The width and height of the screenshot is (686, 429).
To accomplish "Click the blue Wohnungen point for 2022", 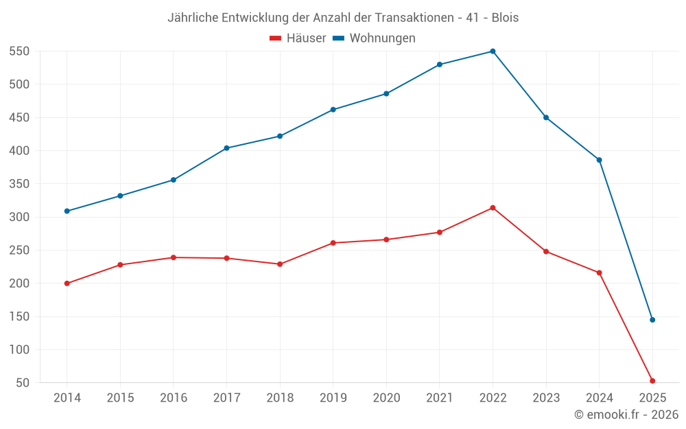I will (x=493, y=51).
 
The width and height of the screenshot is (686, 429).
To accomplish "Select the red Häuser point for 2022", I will (x=493, y=208).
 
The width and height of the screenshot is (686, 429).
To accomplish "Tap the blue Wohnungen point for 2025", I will (x=652, y=320).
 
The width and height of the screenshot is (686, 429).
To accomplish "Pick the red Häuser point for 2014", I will (x=67, y=283).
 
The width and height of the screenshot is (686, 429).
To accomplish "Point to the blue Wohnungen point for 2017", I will (x=226, y=148).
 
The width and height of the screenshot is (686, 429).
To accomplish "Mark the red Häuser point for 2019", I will (x=333, y=243).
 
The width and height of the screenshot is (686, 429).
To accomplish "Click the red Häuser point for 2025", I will (x=652, y=381).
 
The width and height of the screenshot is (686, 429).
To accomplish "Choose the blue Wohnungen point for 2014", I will (x=67, y=211).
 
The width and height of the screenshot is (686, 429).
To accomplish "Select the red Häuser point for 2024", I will (x=599, y=273).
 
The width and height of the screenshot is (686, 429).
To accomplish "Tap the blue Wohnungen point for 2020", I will (x=386, y=94).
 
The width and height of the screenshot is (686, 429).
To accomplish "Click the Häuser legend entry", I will (x=298, y=38).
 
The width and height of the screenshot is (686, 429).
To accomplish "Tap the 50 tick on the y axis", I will (x=25, y=383).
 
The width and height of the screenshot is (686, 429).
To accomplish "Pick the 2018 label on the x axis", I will (x=280, y=398).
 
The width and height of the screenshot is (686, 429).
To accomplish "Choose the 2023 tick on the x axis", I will (x=546, y=398).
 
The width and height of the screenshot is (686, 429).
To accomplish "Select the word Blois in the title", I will (x=505, y=18).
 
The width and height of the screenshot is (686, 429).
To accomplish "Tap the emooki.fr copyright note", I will (x=626, y=415).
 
